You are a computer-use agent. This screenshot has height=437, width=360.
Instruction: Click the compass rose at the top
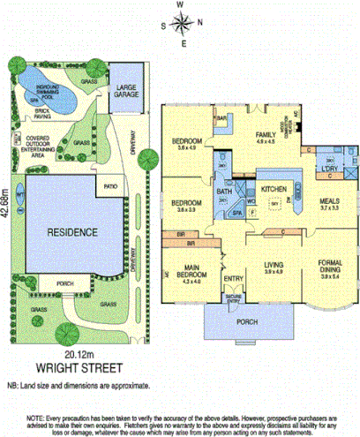pyautogui.click(x=181, y=23)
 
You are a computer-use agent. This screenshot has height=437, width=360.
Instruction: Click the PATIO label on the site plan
pyautogui.click(x=109, y=187)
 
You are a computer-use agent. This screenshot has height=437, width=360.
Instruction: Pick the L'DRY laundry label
pyautogui.click(x=330, y=168)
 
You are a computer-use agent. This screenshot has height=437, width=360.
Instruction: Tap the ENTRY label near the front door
pyautogui.click(x=233, y=280)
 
